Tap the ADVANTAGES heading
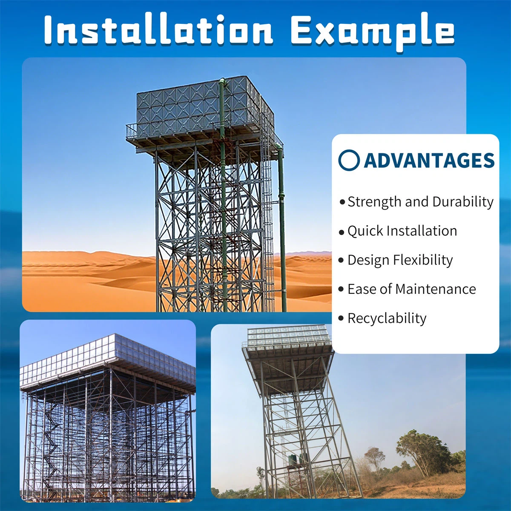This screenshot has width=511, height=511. tap(429, 161)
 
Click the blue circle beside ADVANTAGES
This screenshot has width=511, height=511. tap(349, 160)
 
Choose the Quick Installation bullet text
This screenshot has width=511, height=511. tap(402, 231)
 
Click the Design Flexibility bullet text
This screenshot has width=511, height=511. tap(400, 260)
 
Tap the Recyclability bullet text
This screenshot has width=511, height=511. tap(387, 318)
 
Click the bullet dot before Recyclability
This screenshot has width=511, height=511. tap(341, 319)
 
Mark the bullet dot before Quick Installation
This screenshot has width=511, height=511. tap(341, 233)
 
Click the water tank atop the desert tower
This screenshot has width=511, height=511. tap(200, 104)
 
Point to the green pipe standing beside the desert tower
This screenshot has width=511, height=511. tap(282, 230)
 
